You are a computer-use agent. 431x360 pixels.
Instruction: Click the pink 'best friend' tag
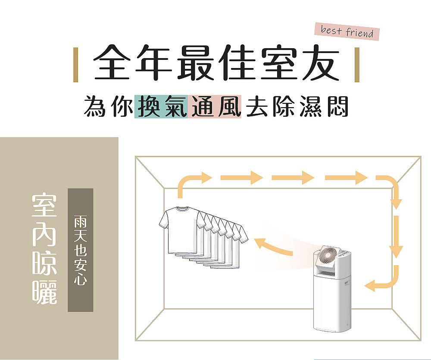347,32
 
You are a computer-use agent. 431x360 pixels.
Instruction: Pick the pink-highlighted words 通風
214,106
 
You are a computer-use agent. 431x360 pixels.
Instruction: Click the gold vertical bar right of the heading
356,65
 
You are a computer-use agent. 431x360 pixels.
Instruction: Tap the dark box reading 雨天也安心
80,250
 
